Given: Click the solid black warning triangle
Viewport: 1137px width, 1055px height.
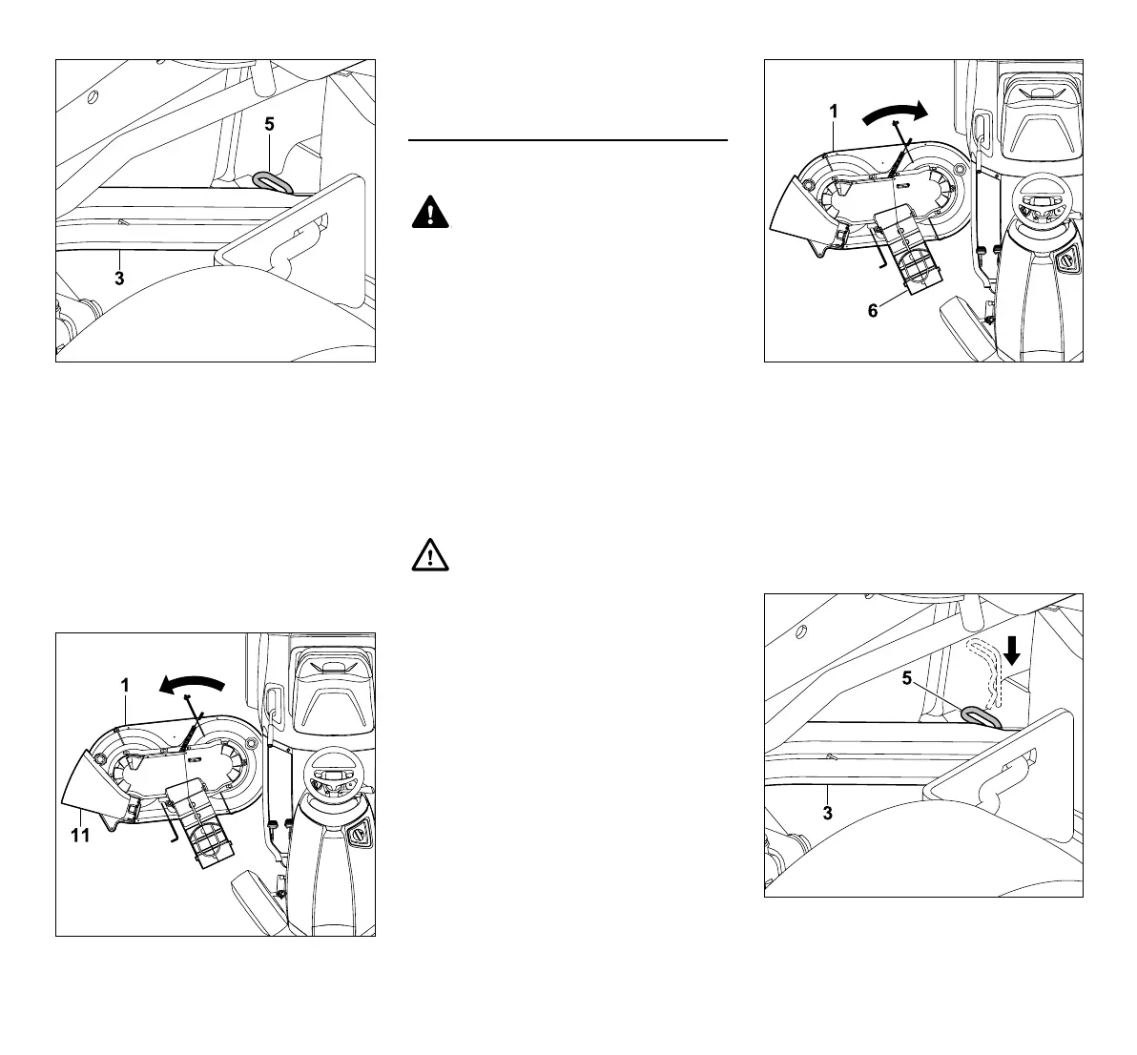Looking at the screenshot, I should point(431,212).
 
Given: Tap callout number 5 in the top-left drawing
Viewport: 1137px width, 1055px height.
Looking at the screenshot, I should point(269,123).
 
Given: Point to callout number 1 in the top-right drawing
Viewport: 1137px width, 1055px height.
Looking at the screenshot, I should point(833,112).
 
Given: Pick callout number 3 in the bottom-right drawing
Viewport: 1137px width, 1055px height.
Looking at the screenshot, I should point(828,813).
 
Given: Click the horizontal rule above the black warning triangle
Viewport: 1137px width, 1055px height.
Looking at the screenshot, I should point(568,140).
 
